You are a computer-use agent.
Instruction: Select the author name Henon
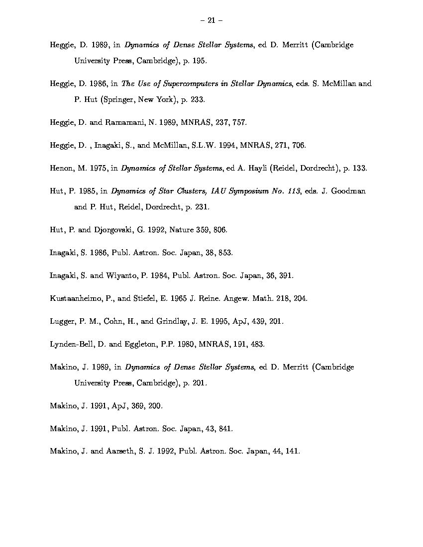[x=61, y=168]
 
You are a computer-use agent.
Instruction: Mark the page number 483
[x=257, y=344]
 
